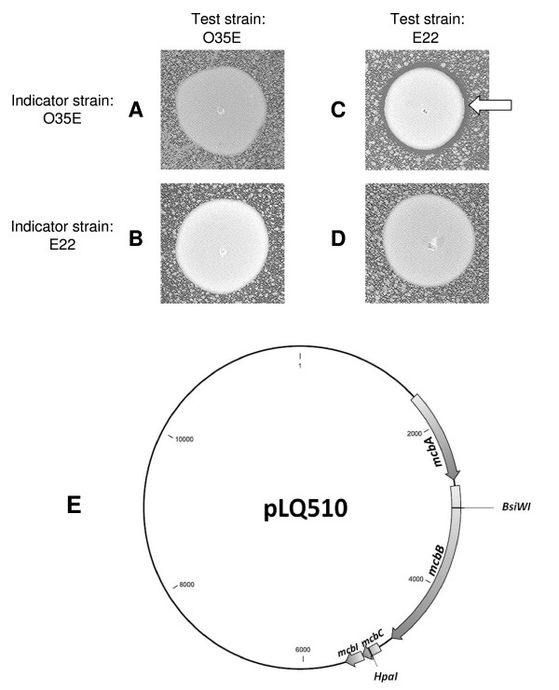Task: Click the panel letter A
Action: tap(136, 111)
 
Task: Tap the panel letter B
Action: tap(136, 237)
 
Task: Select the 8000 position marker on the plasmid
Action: tap(186, 584)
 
